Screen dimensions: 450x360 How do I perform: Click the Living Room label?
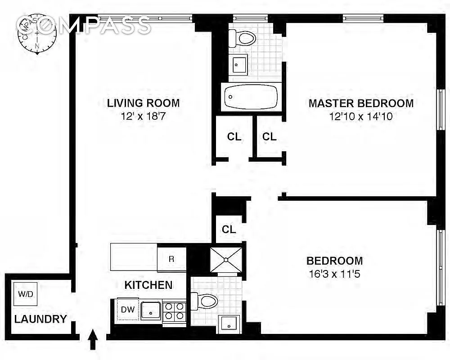tap(143, 103)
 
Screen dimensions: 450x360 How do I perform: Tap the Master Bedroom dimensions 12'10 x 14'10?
tap(361, 117)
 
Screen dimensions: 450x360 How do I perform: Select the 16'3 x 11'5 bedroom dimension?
tap(335, 274)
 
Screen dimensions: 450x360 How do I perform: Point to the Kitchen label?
tap(148, 285)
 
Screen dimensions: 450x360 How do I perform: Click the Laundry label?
tap(40, 319)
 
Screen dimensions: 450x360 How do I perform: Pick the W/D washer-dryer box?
tap(26, 294)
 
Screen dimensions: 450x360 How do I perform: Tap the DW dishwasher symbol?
tap(128, 310)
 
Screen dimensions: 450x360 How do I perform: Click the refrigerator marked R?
tap(171, 259)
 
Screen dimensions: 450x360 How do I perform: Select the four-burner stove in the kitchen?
tap(174, 311)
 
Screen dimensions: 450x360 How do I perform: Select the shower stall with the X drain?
tap(226, 260)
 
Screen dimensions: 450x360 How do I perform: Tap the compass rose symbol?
tap(37, 35)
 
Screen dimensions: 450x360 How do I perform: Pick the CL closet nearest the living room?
tap(234, 137)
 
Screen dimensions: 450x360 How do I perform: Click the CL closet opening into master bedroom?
tap(269, 137)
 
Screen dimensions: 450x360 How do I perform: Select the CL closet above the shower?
tap(229, 229)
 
